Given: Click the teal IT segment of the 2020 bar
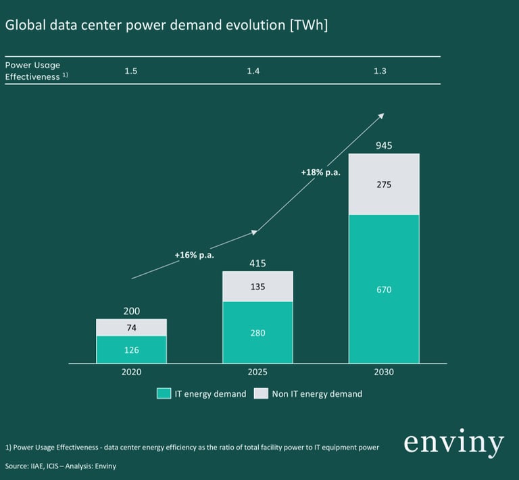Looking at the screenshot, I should point(131,350).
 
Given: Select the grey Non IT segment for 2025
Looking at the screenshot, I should point(257,287).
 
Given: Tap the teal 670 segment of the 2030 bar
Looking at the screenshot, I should point(384,289).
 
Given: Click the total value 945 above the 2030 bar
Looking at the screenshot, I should point(384,145).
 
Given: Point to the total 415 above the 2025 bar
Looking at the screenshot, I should point(257,263).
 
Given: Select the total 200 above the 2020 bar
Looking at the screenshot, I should point(131,312).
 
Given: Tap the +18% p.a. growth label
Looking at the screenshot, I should point(320,173).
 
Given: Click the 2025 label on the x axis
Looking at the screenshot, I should point(257,372).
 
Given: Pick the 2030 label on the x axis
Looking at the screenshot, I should point(384,372).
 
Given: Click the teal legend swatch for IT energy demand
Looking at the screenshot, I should point(163,393).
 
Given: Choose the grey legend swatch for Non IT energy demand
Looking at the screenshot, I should point(261,393).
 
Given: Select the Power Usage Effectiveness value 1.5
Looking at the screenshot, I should point(131,71).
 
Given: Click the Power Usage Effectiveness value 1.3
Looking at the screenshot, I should point(380,71).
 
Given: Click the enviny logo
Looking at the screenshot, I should point(453,443).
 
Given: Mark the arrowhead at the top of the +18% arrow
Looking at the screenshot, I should point(382,115).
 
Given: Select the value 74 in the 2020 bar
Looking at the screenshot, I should point(131,328).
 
